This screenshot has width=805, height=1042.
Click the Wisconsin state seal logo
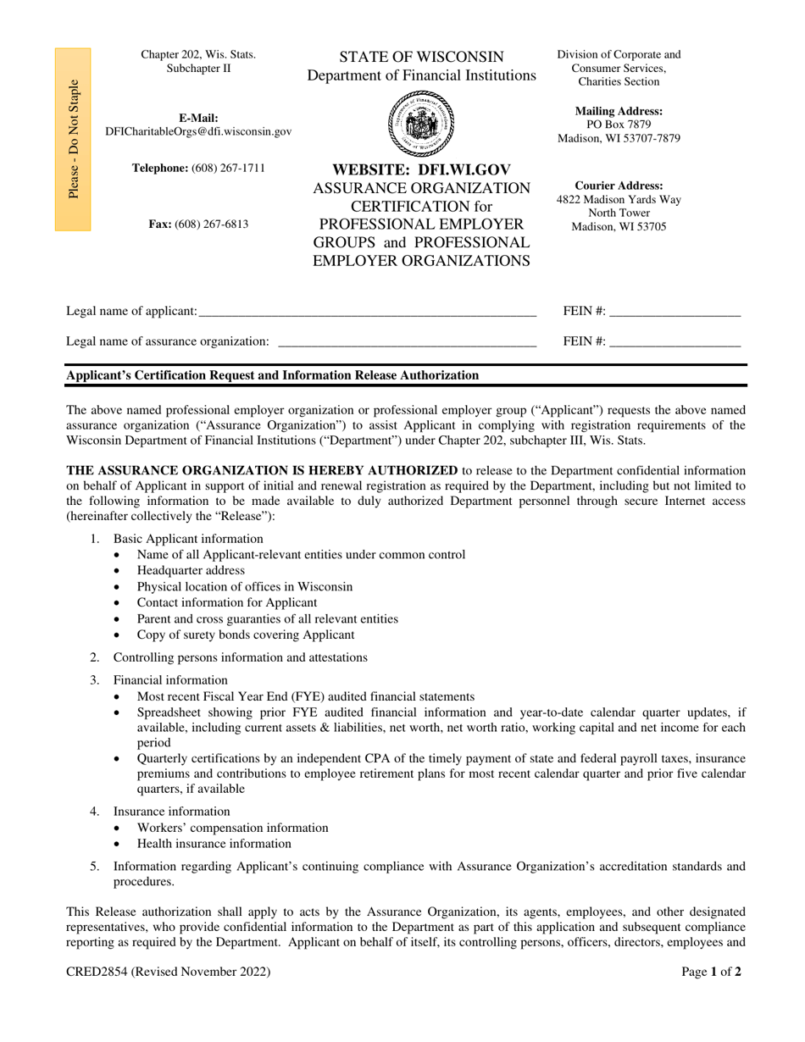click(x=421, y=123)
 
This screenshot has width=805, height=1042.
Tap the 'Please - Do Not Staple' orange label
click(x=74, y=140)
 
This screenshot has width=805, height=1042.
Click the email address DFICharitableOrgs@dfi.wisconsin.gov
click(x=198, y=131)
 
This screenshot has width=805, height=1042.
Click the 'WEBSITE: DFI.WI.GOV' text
click(x=421, y=169)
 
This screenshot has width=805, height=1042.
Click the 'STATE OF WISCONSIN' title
click(x=421, y=57)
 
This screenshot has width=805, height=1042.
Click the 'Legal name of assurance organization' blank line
click(x=407, y=341)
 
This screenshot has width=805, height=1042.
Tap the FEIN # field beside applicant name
click(x=675, y=312)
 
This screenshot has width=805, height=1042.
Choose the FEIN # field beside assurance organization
click(x=675, y=341)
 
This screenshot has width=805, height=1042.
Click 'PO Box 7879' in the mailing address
click(x=619, y=125)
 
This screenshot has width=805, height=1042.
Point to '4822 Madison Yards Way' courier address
click(x=619, y=199)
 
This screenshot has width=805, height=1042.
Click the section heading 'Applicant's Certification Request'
click(x=272, y=374)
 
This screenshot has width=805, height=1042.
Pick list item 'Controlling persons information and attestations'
click(x=241, y=657)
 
